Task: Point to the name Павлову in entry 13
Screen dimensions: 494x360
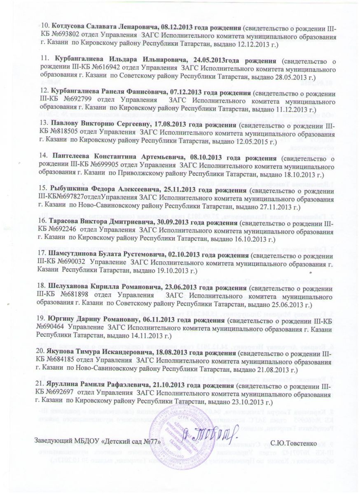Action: pyautogui.click(x=63, y=123)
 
